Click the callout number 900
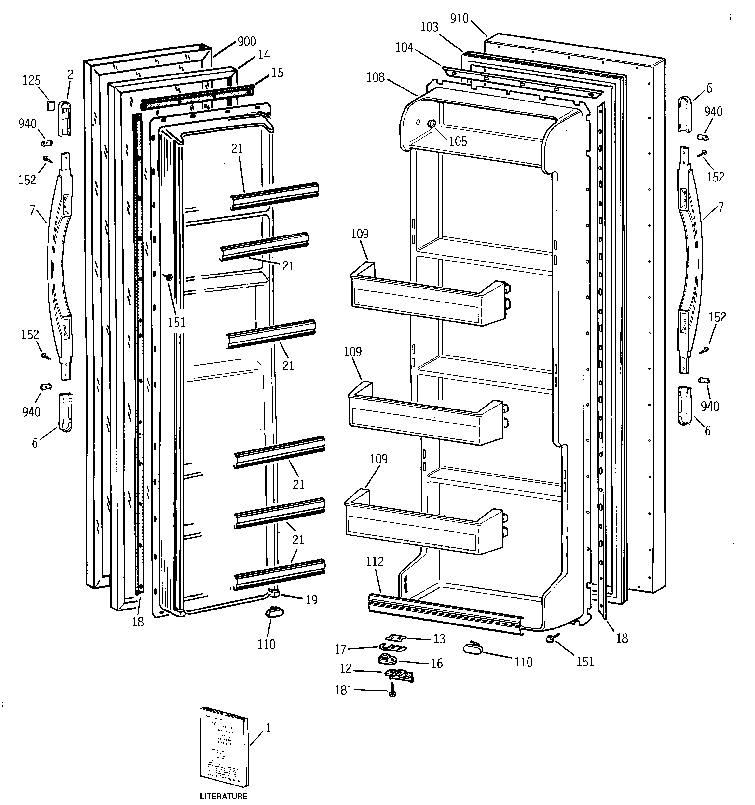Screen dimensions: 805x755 [x=246, y=41]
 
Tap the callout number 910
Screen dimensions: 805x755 [x=459, y=19]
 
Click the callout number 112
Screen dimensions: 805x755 [x=375, y=562]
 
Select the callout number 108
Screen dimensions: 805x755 [x=375, y=77]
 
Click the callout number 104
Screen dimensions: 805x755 [x=404, y=48]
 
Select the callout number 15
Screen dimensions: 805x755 [x=277, y=73]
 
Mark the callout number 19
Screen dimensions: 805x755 [x=311, y=600]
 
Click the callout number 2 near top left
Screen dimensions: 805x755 [x=70, y=74]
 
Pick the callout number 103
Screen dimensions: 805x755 [x=429, y=27]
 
